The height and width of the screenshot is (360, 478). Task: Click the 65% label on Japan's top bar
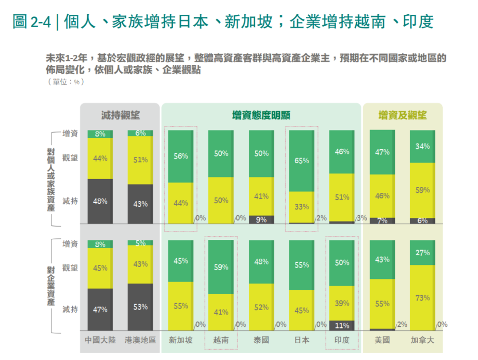(301, 161)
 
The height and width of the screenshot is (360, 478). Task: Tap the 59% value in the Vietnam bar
(221, 267)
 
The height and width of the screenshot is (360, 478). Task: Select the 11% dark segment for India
(341, 325)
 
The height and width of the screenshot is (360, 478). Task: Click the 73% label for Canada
(422, 298)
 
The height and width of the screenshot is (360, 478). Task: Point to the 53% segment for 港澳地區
(140, 307)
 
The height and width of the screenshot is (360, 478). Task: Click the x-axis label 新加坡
(180, 340)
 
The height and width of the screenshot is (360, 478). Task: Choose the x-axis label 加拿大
(422, 340)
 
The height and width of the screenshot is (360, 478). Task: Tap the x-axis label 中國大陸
(99, 340)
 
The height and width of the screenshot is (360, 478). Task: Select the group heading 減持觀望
(120, 115)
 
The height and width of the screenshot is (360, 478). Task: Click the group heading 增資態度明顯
(261, 115)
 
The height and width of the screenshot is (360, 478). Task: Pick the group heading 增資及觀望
(402, 115)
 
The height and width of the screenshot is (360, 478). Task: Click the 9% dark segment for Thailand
(261, 220)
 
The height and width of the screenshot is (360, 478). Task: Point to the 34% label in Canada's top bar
(422, 146)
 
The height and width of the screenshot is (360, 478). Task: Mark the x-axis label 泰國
(261, 340)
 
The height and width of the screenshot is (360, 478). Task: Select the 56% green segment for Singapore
(180, 156)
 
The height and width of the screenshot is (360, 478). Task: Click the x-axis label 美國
(382, 340)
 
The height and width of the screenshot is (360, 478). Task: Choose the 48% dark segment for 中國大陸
(99, 201)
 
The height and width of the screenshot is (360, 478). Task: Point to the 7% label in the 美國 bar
(382, 221)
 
